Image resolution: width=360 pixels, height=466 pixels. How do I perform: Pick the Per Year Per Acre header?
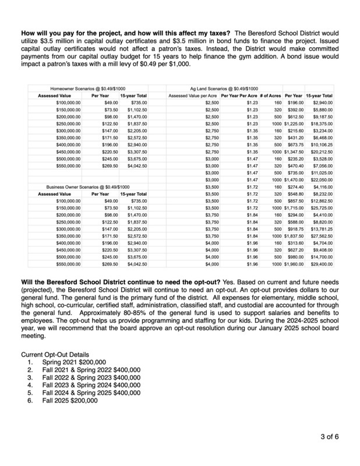click(x=239, y=95)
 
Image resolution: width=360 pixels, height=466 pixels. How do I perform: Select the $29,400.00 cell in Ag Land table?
click(x=322, y=263)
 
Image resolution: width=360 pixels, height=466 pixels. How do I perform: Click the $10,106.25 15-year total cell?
click(x=322, y=144)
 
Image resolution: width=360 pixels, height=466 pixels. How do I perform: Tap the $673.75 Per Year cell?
click(x=293, y=144)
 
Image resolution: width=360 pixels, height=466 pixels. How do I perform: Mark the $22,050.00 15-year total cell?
click(x=322, y=179)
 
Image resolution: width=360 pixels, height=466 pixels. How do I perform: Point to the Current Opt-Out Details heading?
click(x=55, y=354)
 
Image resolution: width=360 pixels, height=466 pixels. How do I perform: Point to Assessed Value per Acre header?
click(x=193, y=95)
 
